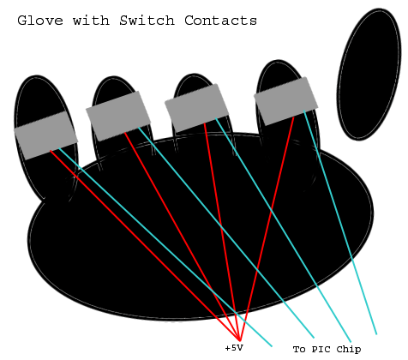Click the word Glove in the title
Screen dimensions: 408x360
(40, 21)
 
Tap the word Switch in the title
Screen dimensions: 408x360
(147, 21)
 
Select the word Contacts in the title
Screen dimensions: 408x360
(220, 21)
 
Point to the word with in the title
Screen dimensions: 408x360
(91, 21)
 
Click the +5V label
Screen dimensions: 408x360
(234, 348)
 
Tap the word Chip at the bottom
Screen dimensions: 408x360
(349, 350)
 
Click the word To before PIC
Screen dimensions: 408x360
(299, 349)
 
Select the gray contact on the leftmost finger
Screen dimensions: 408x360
(46, 135)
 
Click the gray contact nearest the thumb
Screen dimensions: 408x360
(286, 101)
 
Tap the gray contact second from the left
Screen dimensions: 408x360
(118, 116)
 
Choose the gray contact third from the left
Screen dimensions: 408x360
(197, 108)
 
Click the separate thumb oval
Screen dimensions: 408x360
(369, 75)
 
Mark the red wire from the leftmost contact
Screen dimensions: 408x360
(145, 245)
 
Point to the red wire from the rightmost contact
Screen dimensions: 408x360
(267, 229)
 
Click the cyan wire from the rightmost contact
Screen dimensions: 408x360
(340, 222)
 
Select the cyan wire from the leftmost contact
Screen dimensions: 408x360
(165, 248)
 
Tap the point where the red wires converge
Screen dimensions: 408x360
(240, 340)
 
